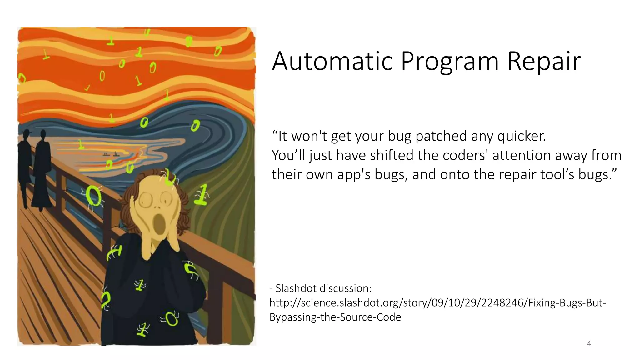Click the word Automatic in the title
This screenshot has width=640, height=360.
pos(332,61)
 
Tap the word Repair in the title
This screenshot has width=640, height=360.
pos(544,61)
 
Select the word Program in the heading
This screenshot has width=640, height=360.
pos(450,61)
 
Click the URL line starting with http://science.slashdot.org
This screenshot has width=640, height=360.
pos(437,302)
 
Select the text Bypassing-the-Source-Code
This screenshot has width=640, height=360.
pos(335,317)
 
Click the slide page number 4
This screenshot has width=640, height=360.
pos(589,344)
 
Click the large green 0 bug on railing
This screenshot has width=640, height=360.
pos(93,196)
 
